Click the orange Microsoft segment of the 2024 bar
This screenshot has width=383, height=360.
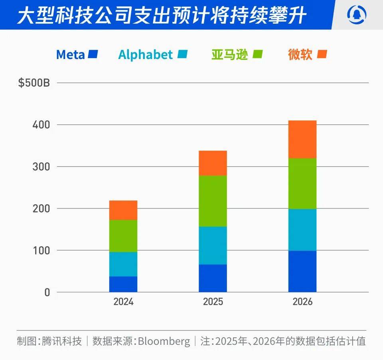click(x=123, y=210)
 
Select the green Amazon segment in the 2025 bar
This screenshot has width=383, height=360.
click(x=213, y=201)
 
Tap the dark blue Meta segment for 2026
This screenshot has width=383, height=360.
click(x=302, y=271)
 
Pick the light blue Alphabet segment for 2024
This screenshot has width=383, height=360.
click(x=123, y=264)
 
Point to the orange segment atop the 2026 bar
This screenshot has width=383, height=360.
click(x=302, y=139)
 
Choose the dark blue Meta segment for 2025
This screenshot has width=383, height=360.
click(x=213, y=278)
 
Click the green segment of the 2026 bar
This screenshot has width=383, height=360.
click(x=302, y=183)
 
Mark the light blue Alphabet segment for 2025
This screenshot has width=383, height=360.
click(x=213, y=245)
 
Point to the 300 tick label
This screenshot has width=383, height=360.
click(x=41, y=167)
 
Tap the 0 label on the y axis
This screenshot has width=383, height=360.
click(x=47, y=292)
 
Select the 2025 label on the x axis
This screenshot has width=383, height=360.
click(x=213, y=302)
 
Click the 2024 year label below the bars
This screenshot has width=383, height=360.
click(x=123, y=302)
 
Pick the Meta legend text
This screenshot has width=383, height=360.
click(x=70, y=55)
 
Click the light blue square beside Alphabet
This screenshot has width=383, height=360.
click(x=182, y=54)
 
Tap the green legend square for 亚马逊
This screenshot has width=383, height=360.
click(x=257, y=54)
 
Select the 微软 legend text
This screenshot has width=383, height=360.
click(x=300, y=55)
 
